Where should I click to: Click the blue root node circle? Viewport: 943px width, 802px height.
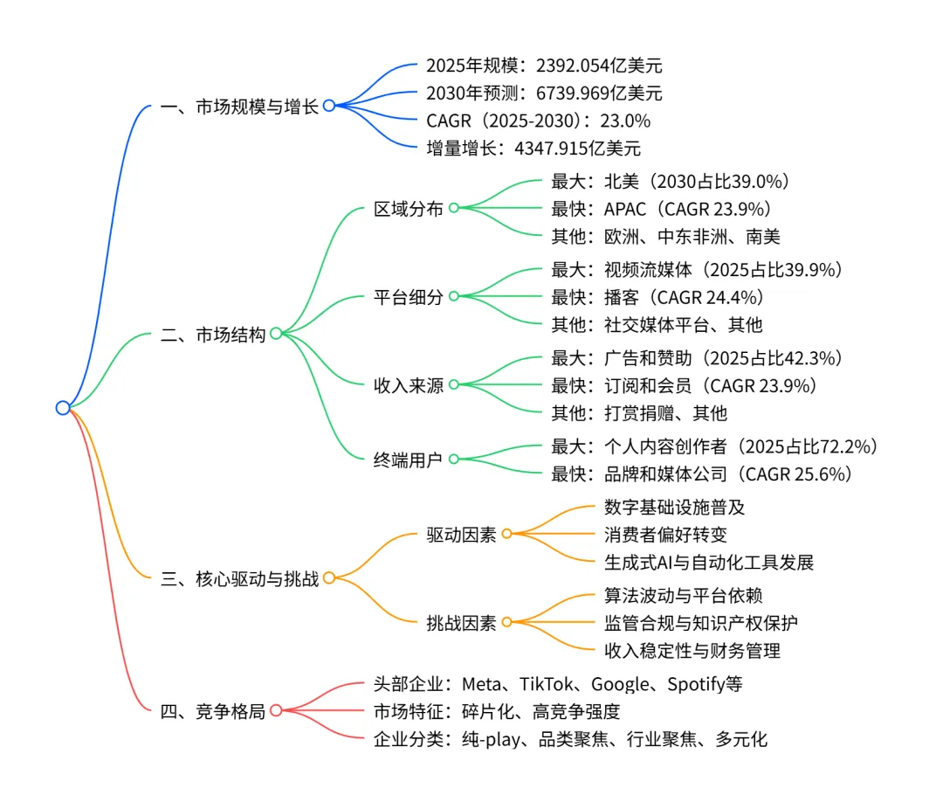tap(62, 407)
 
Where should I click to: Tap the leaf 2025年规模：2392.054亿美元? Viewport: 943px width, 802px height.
tap(538, 65)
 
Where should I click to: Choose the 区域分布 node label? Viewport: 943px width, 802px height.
tap(408, 209)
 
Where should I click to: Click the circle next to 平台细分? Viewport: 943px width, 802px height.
tap(453, 296)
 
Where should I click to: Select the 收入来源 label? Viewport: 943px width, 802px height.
tap(408, 385)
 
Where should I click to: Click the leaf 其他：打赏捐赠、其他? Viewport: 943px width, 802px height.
tap(639, 412)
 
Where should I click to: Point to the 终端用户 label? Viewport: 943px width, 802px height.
tap(408, 458)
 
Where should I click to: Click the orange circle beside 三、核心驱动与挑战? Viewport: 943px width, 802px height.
tap(328, 577)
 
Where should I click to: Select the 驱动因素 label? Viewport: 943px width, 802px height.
tap(461, 534)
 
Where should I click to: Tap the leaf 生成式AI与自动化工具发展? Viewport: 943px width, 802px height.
tap(708, 562)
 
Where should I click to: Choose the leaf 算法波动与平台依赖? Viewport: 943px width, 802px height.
tap(683, 595)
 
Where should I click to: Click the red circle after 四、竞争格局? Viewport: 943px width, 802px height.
tap(276, 710)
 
